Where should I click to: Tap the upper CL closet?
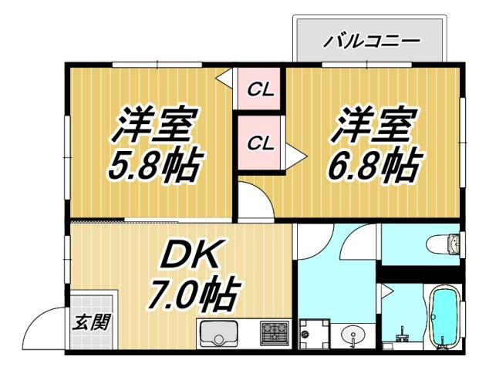click(260, 89)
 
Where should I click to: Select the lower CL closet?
click(260, 143)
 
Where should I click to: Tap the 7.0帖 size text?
click(193, 294)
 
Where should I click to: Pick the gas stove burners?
click(273, 334)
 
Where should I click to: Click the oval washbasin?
click(356, 336)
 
